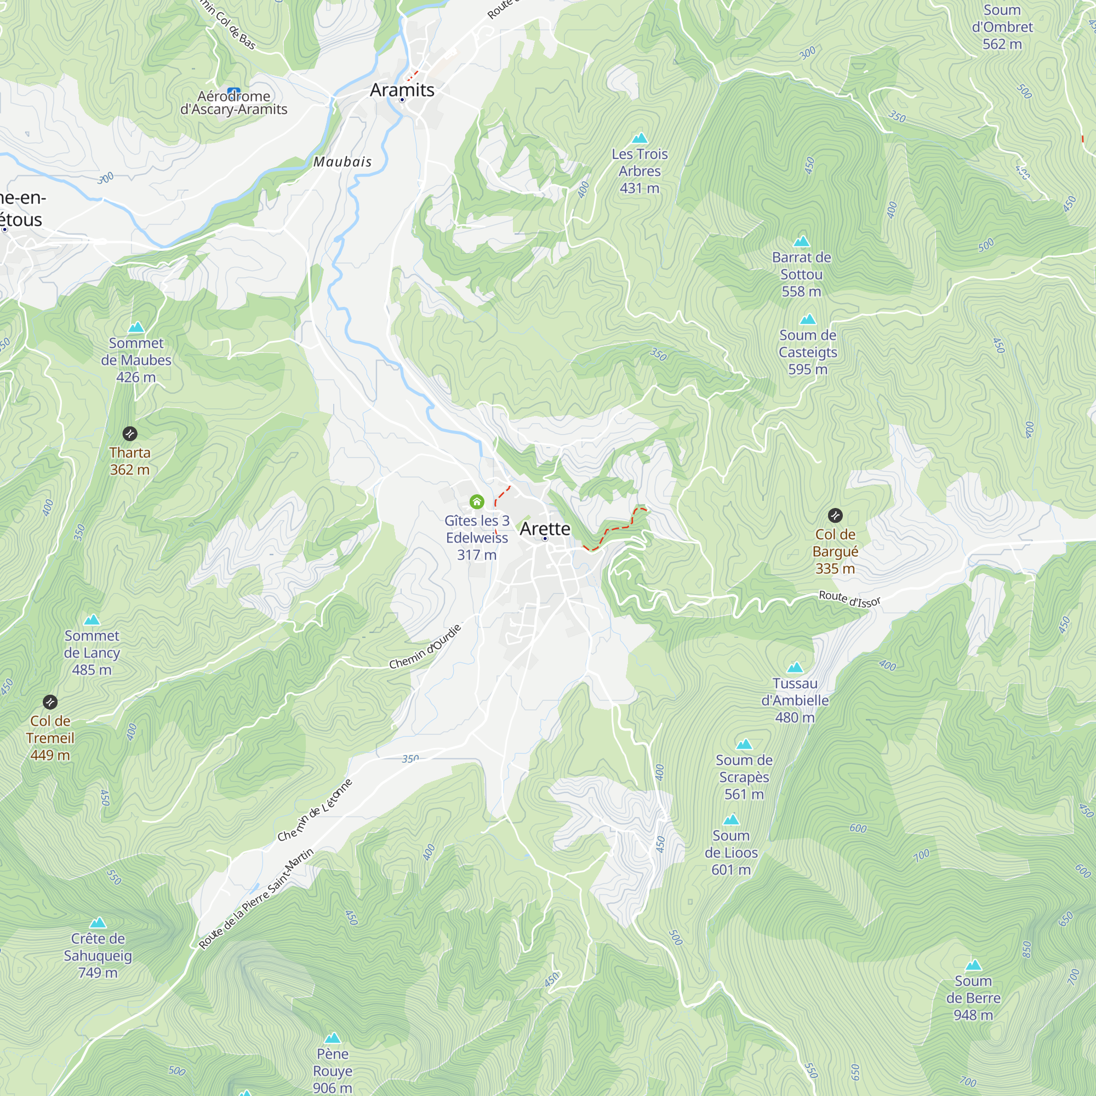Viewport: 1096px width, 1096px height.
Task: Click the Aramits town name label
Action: point(402,90)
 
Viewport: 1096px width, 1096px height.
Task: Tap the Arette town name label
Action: point(545,528)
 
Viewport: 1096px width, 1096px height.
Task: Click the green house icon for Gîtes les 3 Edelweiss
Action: point(477,501)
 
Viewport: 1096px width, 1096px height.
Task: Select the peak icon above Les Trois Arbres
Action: point(640,138)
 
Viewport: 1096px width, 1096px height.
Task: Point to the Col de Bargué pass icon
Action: point(835,515)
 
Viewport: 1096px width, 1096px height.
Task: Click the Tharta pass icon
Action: point(130,434)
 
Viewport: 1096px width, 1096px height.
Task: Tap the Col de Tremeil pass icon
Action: point(50,702)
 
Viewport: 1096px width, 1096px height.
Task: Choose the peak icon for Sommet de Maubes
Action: point(136,327)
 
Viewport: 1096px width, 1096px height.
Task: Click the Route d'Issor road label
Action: point(849,599)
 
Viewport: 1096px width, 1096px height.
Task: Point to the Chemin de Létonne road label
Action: point(315,810)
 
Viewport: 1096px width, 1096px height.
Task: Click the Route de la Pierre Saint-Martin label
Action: point(256,899)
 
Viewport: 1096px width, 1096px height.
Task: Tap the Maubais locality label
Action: point(342,162)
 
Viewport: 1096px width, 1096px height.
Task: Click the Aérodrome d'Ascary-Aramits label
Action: point(234,102)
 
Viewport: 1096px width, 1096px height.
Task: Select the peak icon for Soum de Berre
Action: point(973,965)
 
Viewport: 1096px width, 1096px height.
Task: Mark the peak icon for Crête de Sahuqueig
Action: point(98,922)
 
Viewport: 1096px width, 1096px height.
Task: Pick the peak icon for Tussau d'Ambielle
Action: point(795,667)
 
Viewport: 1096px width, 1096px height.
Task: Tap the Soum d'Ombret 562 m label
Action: point(1002,27)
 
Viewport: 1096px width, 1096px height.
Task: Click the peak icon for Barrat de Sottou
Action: point(801,242)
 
